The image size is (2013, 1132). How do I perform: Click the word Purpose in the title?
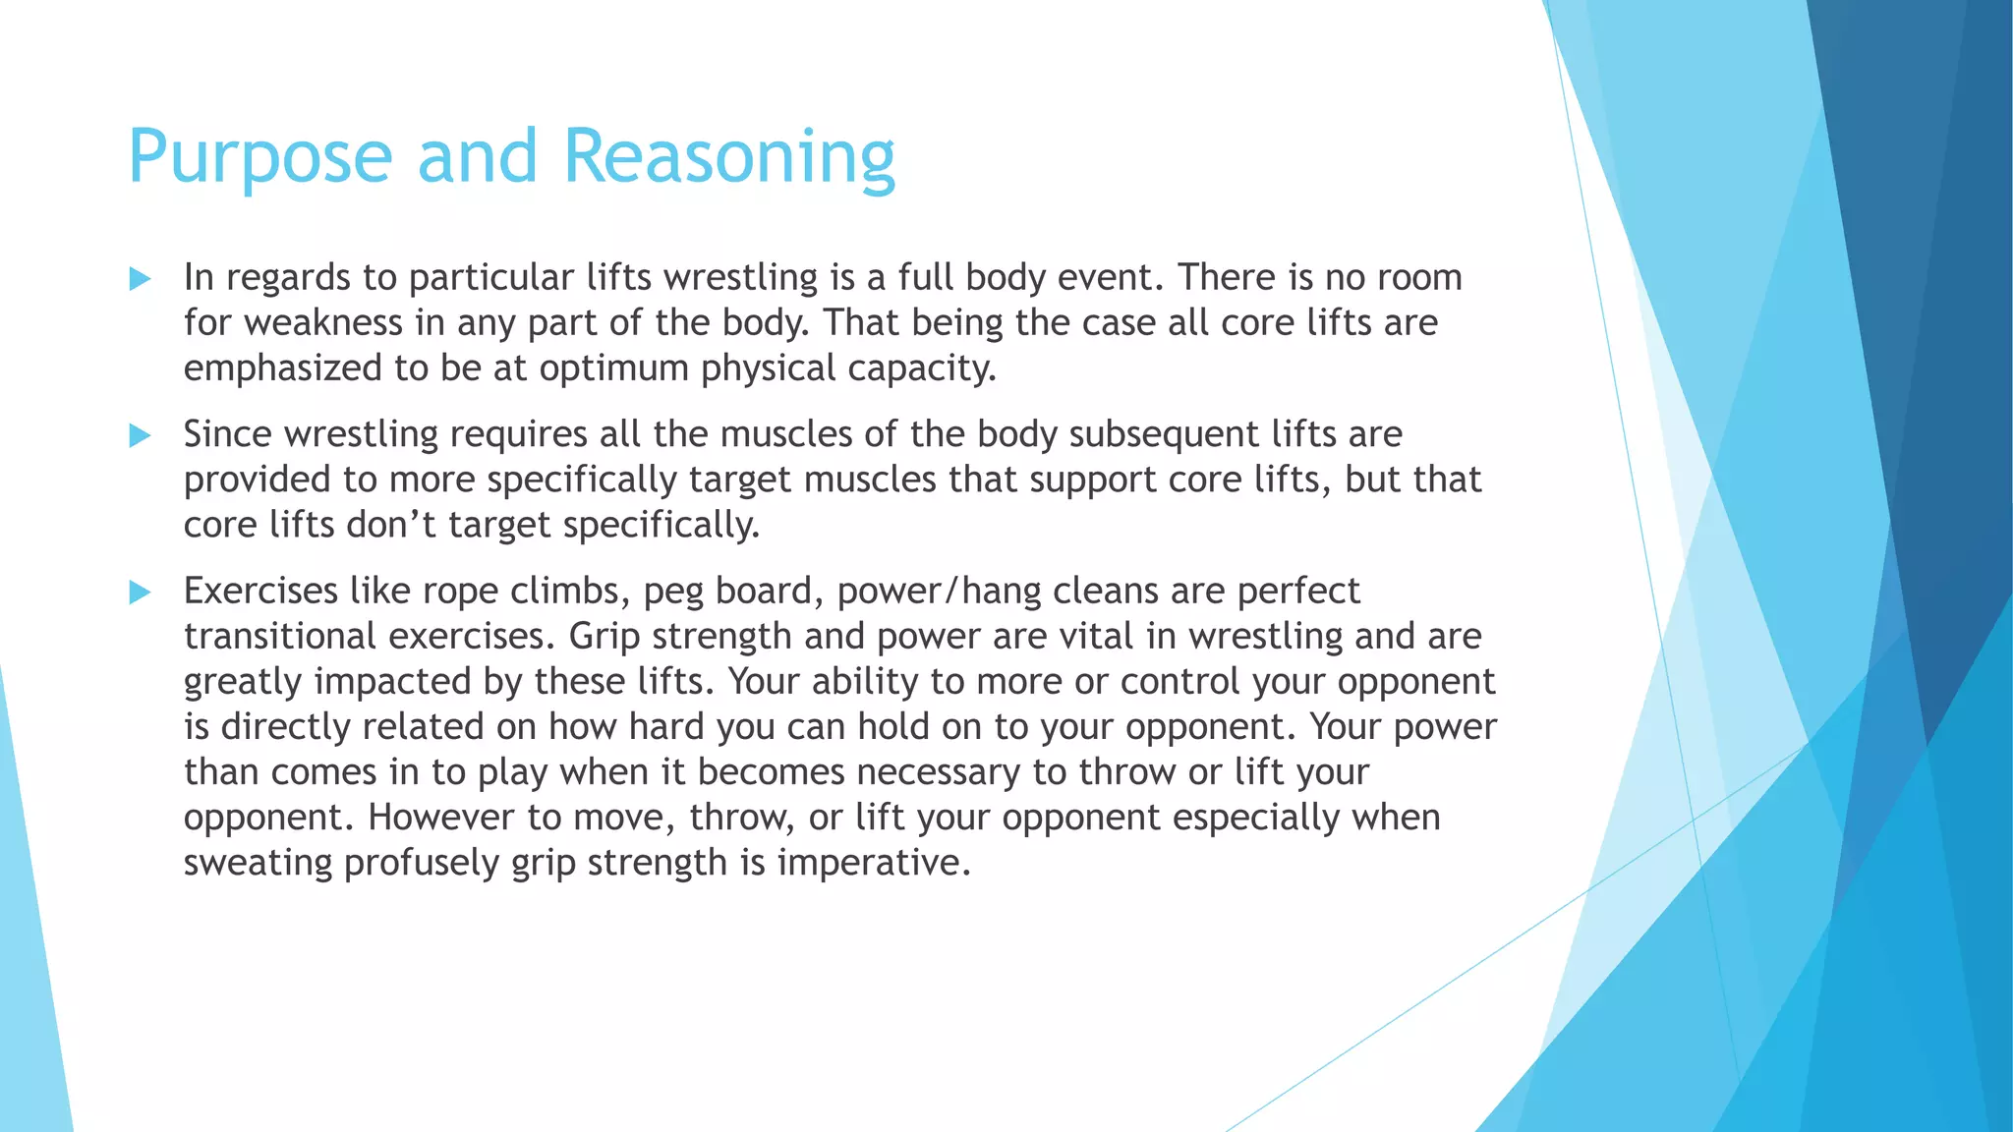tap(260, 157)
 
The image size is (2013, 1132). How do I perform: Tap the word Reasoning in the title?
tap(728, 157)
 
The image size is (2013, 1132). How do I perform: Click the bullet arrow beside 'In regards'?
tap(140, 279)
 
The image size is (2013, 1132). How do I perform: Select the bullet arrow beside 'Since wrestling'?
tap(140, 435)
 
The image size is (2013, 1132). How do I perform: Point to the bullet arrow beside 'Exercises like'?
tap(140, 592)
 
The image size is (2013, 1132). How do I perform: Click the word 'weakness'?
tap(324, 323)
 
